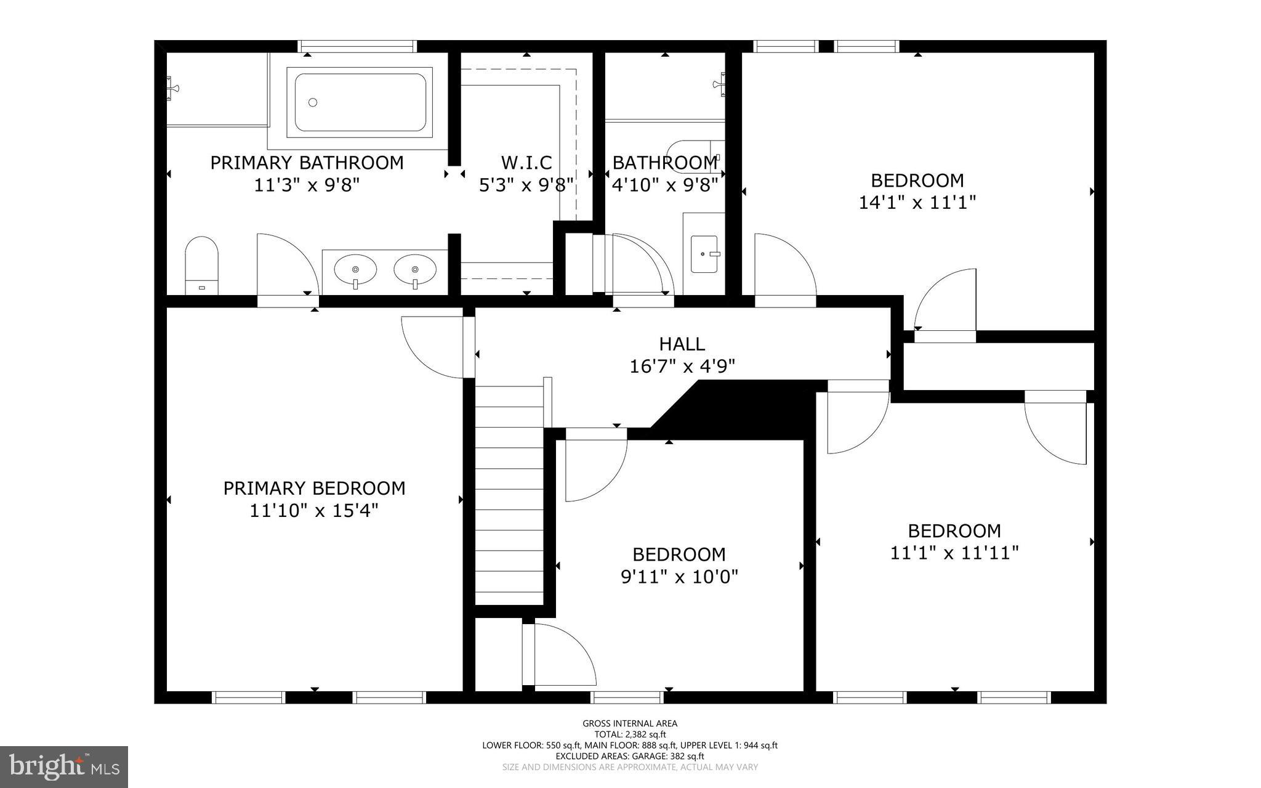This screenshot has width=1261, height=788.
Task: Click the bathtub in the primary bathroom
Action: tap(360, 102)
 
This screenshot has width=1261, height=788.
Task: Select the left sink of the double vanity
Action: tap(355, 270)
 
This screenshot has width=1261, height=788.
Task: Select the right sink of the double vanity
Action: tap(415, 270)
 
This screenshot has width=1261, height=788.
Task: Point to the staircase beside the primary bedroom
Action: tap(509, 493)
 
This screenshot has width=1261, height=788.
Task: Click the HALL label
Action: tap(682, 344)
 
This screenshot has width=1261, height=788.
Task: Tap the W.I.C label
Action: tap(526, 163)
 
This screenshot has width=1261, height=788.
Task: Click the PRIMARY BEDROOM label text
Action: tap(314, 489)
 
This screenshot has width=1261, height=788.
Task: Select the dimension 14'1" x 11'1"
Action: tap(917, 203)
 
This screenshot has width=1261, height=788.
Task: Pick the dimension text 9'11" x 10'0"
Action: tap(679, 577)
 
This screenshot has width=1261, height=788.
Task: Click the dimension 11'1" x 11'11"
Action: tap(954, 553)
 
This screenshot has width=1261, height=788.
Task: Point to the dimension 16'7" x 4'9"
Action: tap(682, 367)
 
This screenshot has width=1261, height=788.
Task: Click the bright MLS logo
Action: tap(64, 766)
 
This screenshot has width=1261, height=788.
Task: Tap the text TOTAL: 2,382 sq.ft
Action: tap(629, 734)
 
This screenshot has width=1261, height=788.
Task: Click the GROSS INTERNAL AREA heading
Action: tap(629, 723)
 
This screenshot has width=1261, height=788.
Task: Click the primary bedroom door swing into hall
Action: tap(434, 346)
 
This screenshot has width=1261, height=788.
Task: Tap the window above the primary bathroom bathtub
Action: tap(357, 46)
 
